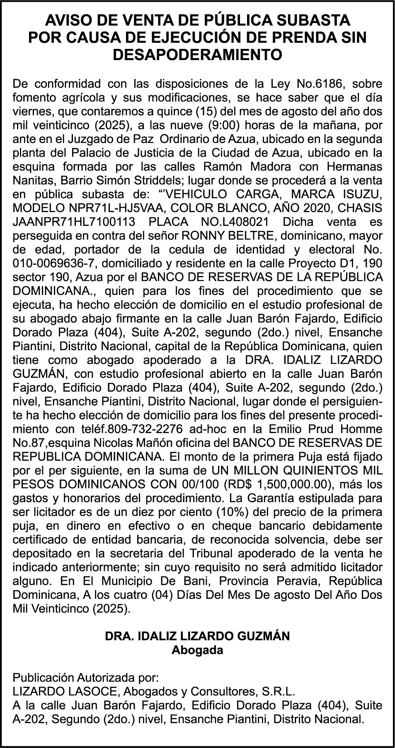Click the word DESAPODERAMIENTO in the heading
point(197,55)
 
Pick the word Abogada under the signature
point(197,650)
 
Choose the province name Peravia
point(296,581)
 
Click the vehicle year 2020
point(302,208)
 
